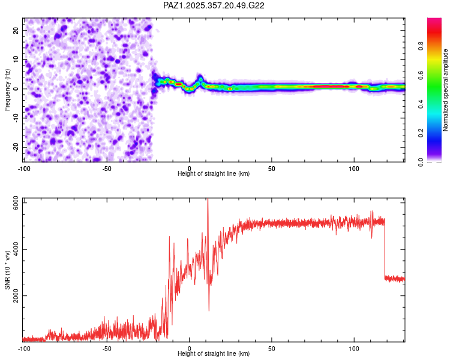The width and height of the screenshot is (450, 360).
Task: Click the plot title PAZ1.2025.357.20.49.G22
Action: click(214, 5)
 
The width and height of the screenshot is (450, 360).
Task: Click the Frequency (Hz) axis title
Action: click(7, 88)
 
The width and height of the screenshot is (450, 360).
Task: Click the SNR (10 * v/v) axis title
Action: click(7, 269)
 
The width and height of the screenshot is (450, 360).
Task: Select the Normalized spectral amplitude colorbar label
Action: click(446, 90)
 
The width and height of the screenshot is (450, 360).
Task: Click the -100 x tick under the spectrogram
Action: click(24, 168)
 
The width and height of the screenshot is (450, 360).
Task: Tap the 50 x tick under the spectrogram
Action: click(271, 168)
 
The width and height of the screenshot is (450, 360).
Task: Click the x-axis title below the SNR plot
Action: click(214, 354)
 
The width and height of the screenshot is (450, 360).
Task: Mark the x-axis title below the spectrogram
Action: click(214, 174)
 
